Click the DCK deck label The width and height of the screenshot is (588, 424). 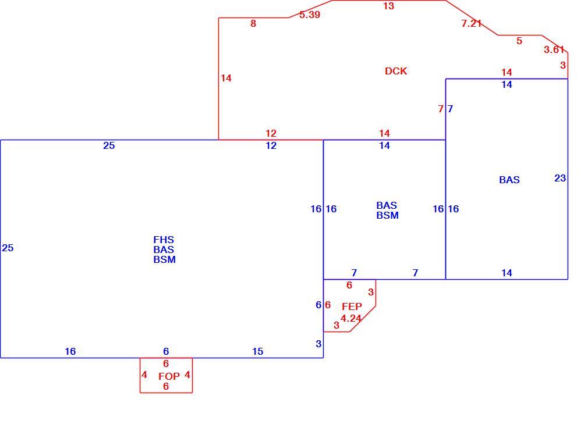(396, 71)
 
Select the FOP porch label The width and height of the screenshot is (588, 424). (169, 376)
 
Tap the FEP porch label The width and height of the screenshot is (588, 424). (352, 307)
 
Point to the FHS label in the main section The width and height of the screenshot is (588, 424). (164, 240)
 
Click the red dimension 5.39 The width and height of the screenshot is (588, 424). (310, 15)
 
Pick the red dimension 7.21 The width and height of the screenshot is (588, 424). (472, 23)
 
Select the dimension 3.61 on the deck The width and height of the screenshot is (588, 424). (554, 49)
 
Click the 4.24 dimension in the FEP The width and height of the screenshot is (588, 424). (351, 318)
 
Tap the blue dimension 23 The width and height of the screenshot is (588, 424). (560, 179)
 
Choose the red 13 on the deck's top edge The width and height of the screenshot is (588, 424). (388, 6)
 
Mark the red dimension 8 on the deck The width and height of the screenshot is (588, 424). (253, 24)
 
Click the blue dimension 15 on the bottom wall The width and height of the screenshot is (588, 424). (258, 351)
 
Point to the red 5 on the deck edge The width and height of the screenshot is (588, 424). (519, 41)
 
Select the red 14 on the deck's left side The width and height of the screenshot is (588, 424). (226, 78)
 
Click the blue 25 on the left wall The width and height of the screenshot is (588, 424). (8, 248)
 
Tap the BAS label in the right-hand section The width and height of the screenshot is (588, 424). (509, 180)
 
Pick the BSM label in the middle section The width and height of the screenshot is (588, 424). (387, 215)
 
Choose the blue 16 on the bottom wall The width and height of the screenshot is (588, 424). (70, 351)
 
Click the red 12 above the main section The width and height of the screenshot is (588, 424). (271, 133)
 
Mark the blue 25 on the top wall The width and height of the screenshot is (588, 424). (109, 146)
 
